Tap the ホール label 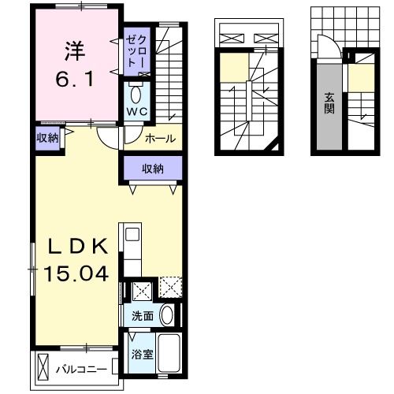[161, 139]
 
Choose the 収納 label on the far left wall [47, 139]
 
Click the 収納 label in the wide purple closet [153, 168]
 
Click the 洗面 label [143, 315]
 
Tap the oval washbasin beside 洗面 [167, 315]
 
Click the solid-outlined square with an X [141, 291]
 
